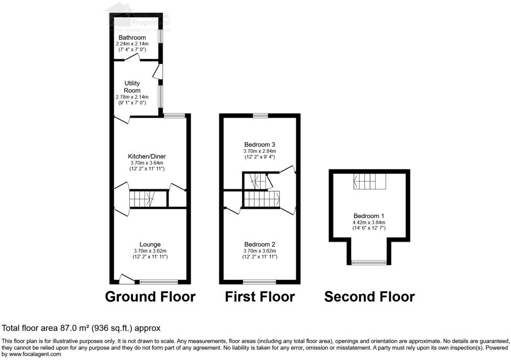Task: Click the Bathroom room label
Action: pyautogui.click(x=132, y=38)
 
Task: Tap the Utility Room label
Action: pyautogui.click(x=132, y=87)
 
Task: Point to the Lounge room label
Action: pyautogui.click(x=150, y=244)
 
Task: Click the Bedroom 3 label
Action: pyautogui.click(x=260, y=144)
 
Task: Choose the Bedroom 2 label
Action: pyautogui.click(x=260, y=244)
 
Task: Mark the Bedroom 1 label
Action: pyautogui.click(x=369, y=216)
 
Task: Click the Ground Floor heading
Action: pyautogui.click(x=150, y=297)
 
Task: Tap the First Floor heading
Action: pyautogui.click(x=260, y=297)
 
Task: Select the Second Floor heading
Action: pyautogui.click(x=369, y=297)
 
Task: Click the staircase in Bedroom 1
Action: pyautogui.click(x=369, y=182)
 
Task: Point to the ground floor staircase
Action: pyautogui.click(x=142, y=199)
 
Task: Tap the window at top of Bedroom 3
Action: pyautogui.click(x=260, y=115)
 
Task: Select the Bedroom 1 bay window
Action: pyautogui.click(x=369, y=262)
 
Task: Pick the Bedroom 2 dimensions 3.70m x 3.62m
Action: pyautogui.click(x=260, y=251)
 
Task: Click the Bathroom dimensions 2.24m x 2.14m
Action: pyautogui.click(x=132, y=43)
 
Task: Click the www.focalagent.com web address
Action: pyautogui.click(x=32, y=354)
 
